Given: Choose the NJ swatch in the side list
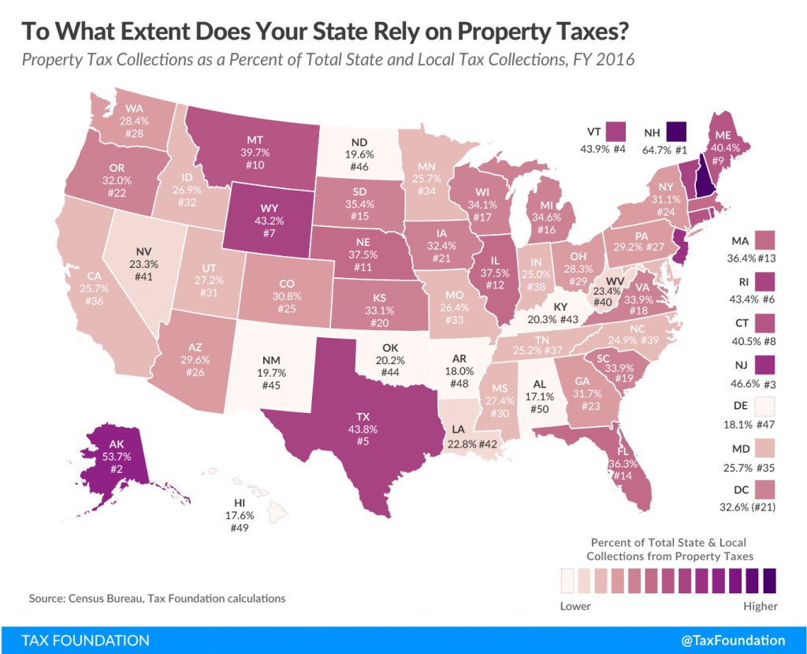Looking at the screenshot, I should tap(764, 366).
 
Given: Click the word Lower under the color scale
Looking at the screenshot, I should tap(575, 606).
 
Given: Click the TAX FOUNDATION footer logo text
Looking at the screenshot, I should tap(75, 640).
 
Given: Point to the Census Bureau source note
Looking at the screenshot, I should tap(157, 599).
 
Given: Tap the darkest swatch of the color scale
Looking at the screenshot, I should tap(770, 581).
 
